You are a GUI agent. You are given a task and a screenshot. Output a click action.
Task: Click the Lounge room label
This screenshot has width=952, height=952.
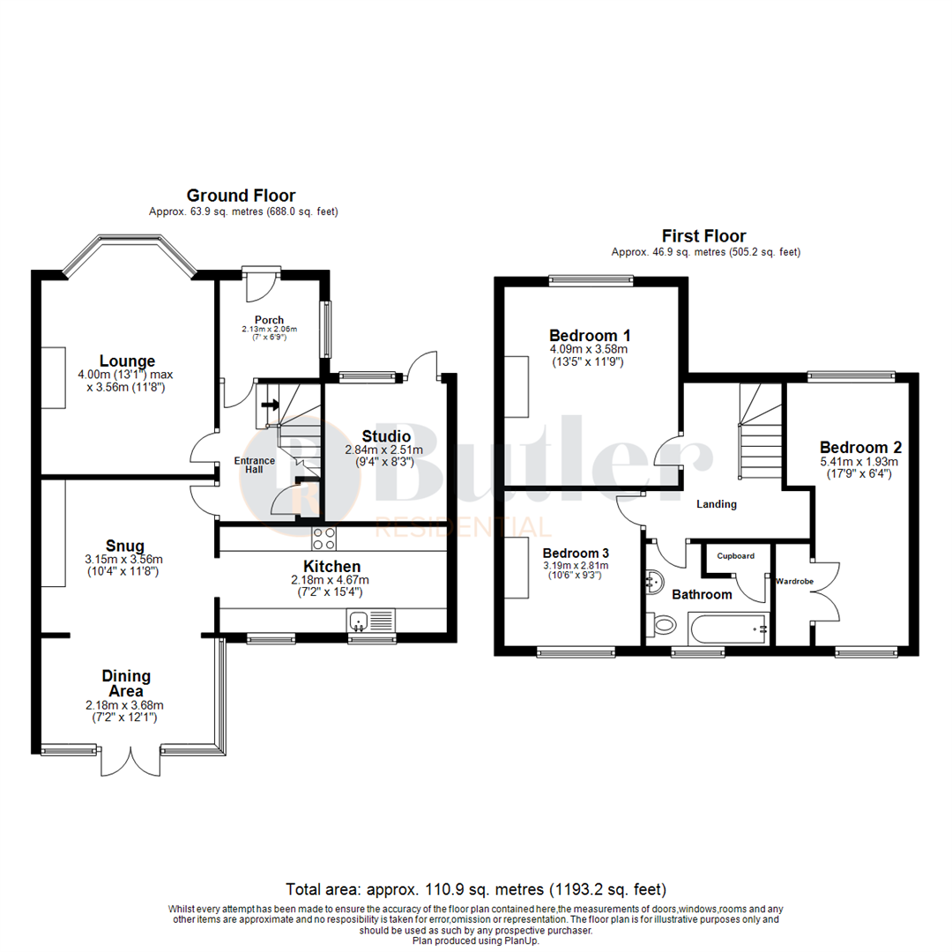coord(127,361)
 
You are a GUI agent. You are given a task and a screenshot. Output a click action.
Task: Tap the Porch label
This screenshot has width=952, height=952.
coord(269,319)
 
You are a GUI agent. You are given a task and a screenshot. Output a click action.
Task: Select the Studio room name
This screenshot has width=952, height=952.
coord(386,435)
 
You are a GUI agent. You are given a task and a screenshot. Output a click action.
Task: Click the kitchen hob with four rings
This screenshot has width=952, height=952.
coord(324,538)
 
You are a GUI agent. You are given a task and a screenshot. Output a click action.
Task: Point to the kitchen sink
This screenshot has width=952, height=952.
coord(359,621)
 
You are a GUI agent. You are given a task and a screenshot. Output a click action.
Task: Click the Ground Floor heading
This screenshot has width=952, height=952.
coord(241,196)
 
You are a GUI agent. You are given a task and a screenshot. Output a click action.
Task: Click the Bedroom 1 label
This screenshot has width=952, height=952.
coord(589,335)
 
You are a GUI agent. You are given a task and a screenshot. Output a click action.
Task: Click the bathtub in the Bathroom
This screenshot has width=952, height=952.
coord(728,629)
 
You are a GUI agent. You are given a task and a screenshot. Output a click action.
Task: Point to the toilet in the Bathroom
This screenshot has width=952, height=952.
coord(662,625)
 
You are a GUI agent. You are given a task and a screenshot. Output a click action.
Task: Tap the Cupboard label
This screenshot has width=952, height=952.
coord(735,556)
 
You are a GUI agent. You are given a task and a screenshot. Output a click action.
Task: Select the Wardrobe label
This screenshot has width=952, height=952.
coord(793,582)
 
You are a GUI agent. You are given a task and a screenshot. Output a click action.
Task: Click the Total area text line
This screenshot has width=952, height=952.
coord(476,889)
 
